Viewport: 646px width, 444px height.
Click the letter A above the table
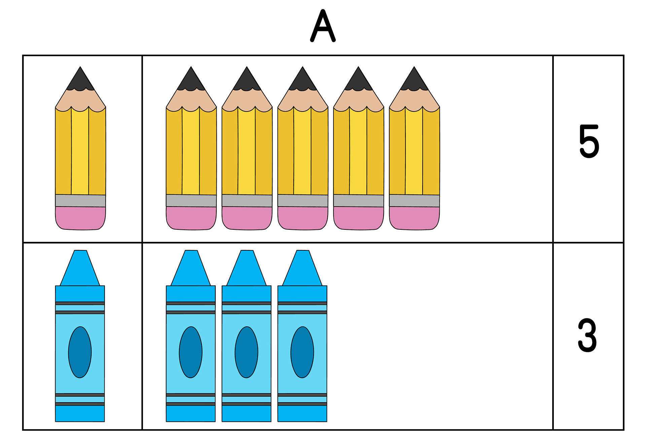pyautogui.click(x=323, y=26)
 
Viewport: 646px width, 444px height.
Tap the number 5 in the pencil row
pyautogui.click(x=589, y=141)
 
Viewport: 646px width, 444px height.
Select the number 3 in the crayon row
pyautogui.click(x=587, y=336)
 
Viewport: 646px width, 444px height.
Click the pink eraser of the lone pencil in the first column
pyautogui.click(x=80, y=218)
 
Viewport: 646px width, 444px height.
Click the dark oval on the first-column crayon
pyautogui.click(x=80, y=352)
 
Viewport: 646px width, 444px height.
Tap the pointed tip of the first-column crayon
pyautogui.click(x=80, y=268)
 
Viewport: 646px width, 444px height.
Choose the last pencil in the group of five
pyautogui.click(x=414, y=148)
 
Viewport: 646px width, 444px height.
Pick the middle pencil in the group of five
pyautogui.click(x=302, y=148)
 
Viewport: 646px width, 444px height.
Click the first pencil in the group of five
pyautogui.click(x=191, y=148)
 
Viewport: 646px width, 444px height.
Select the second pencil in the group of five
pyautogui.click(x=247, y=148)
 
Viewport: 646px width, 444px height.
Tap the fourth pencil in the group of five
pyautogui.click(x=358, y=148)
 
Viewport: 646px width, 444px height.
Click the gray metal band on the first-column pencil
pyautogui.click(x=80, y=201)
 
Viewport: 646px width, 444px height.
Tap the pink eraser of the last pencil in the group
pyautogui.click(x=414, y=218)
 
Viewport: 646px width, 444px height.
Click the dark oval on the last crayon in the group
pyautogui.click(x=302, y=352)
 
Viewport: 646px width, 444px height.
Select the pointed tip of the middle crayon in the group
pyautogui.click(x=247, y=268)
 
